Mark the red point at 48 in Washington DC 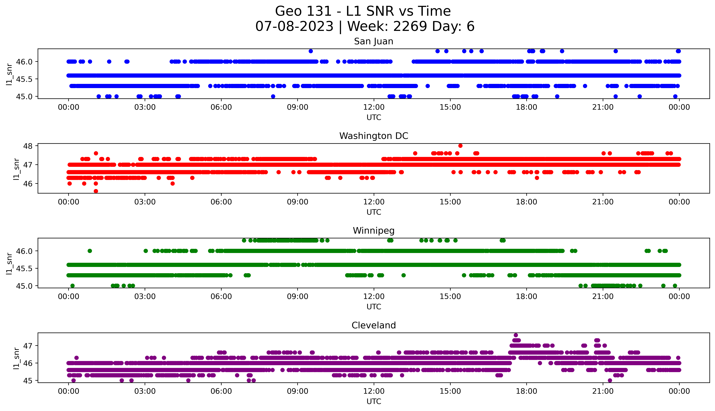click(x=460, y=146)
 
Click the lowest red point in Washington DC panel click(x=96, y=191)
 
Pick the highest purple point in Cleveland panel click(x=516, y=335)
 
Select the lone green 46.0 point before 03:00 click(x=90, y=251)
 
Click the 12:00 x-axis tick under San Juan click(x=374, y=107)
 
